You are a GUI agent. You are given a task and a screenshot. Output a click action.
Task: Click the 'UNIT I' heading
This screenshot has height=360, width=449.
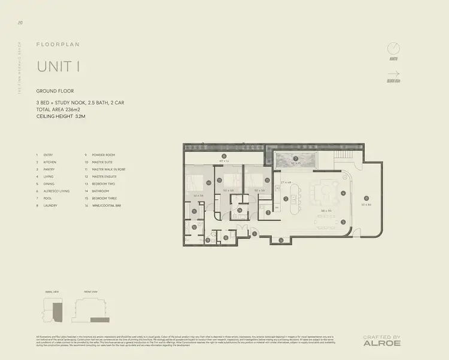(58, 66)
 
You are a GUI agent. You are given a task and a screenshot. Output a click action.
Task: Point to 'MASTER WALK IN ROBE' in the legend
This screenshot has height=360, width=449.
(109, 169)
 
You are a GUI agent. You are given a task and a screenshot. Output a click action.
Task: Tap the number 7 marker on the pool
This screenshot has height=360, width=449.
(295, 158)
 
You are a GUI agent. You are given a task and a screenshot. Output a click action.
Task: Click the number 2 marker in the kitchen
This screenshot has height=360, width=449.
(286, 200)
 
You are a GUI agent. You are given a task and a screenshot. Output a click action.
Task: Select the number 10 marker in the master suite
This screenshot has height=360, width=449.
(209, 182)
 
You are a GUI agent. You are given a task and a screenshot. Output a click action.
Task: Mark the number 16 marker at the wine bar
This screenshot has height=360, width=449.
(281, 240)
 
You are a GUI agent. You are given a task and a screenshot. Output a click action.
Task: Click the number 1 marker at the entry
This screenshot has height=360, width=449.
(254, 233)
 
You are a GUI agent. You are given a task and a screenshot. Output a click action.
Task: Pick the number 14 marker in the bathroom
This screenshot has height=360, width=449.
(240, 210)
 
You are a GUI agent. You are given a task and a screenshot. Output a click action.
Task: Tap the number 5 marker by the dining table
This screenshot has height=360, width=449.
(343, 221)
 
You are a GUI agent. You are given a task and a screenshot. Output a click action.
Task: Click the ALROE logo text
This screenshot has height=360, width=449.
(381, 343)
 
